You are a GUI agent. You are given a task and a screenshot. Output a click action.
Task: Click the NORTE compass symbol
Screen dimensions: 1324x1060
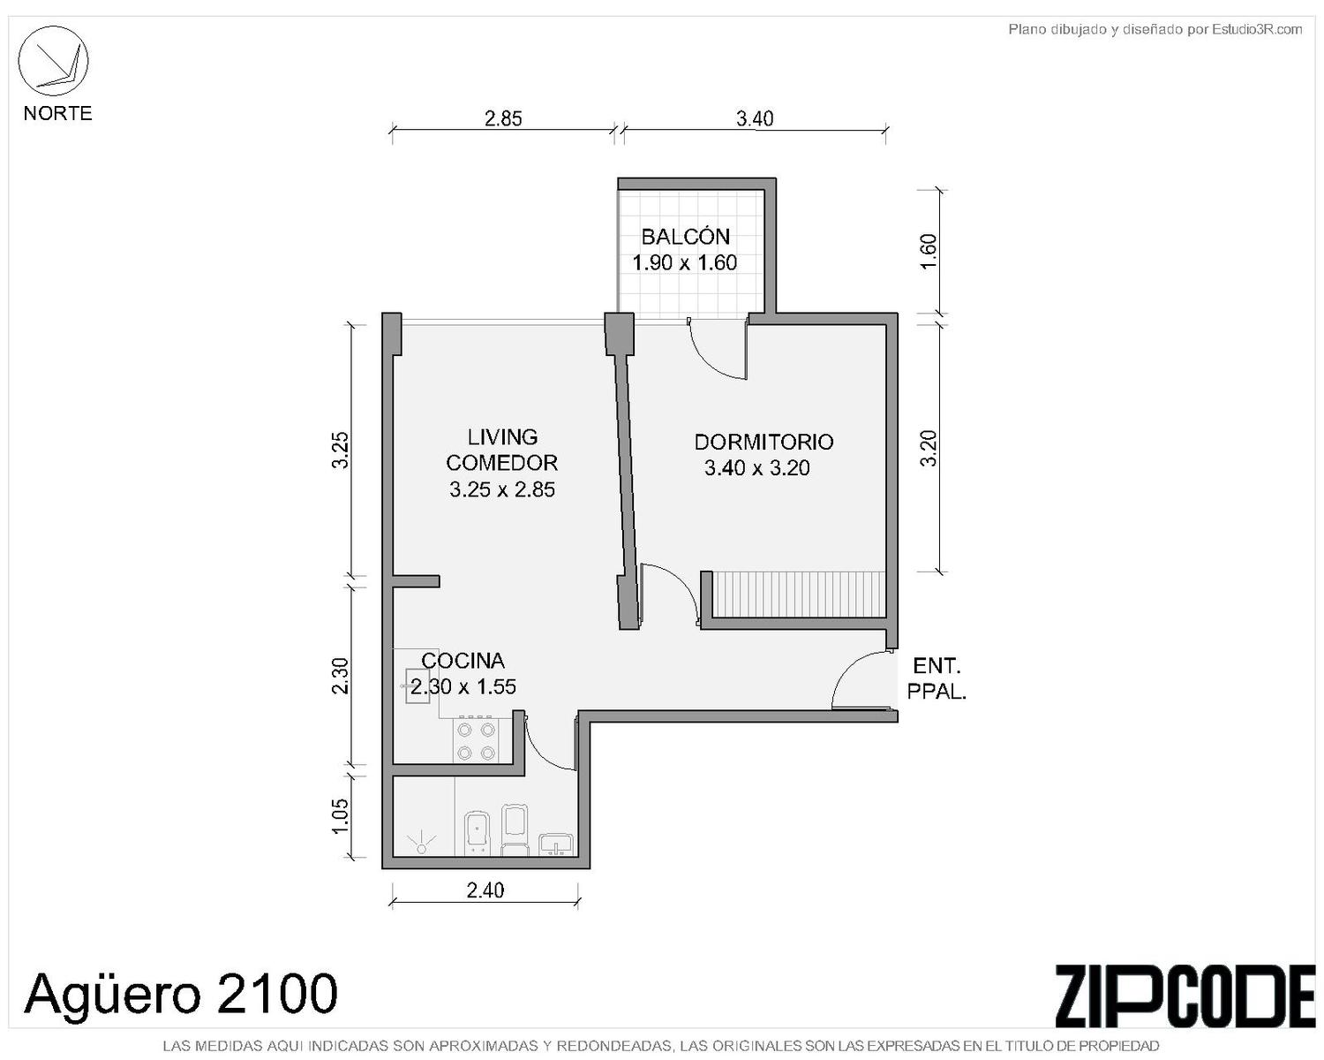54,62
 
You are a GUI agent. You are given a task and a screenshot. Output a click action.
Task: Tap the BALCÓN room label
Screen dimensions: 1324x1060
685,237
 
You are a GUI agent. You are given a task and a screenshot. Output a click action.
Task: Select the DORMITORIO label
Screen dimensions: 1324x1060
764,442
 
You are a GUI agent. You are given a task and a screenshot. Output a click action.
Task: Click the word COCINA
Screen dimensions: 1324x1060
463,661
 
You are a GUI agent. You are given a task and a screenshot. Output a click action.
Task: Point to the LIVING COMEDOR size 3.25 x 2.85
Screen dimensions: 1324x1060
502,489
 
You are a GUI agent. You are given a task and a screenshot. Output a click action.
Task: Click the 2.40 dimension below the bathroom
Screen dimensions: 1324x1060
485,890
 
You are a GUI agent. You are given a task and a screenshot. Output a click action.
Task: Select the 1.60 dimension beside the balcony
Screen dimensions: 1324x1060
929,251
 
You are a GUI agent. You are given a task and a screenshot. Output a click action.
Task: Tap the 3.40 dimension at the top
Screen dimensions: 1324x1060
755,118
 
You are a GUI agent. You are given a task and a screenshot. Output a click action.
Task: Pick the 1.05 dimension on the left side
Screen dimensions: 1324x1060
340,817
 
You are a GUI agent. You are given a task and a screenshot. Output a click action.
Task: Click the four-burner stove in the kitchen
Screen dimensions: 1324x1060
476,740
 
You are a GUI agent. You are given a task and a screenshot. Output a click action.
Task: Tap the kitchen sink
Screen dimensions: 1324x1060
417,686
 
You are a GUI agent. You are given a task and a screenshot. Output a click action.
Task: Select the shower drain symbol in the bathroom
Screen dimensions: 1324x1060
421,842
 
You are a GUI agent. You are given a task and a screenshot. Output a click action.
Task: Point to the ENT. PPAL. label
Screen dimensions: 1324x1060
937,678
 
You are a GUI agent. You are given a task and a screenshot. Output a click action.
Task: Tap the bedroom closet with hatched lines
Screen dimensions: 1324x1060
797,594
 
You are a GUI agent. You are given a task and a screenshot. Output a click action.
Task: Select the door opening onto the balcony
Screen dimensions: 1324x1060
717,349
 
